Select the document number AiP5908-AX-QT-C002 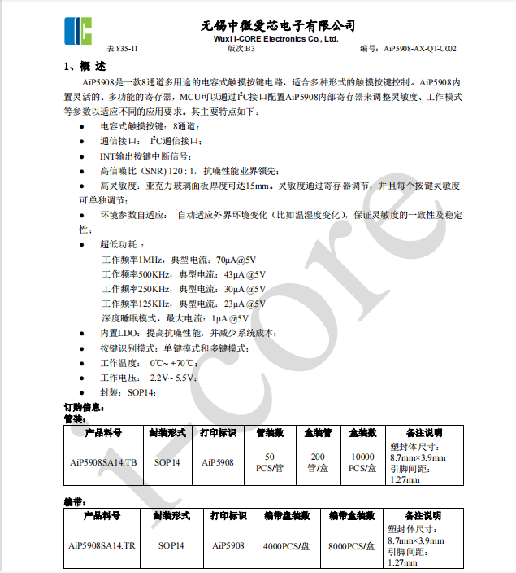[419, 49]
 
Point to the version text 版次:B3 [241, 49]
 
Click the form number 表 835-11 [122, 49]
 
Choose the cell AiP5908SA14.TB [103, 462]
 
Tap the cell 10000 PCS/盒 [362, 462]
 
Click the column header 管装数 [270, 433]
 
